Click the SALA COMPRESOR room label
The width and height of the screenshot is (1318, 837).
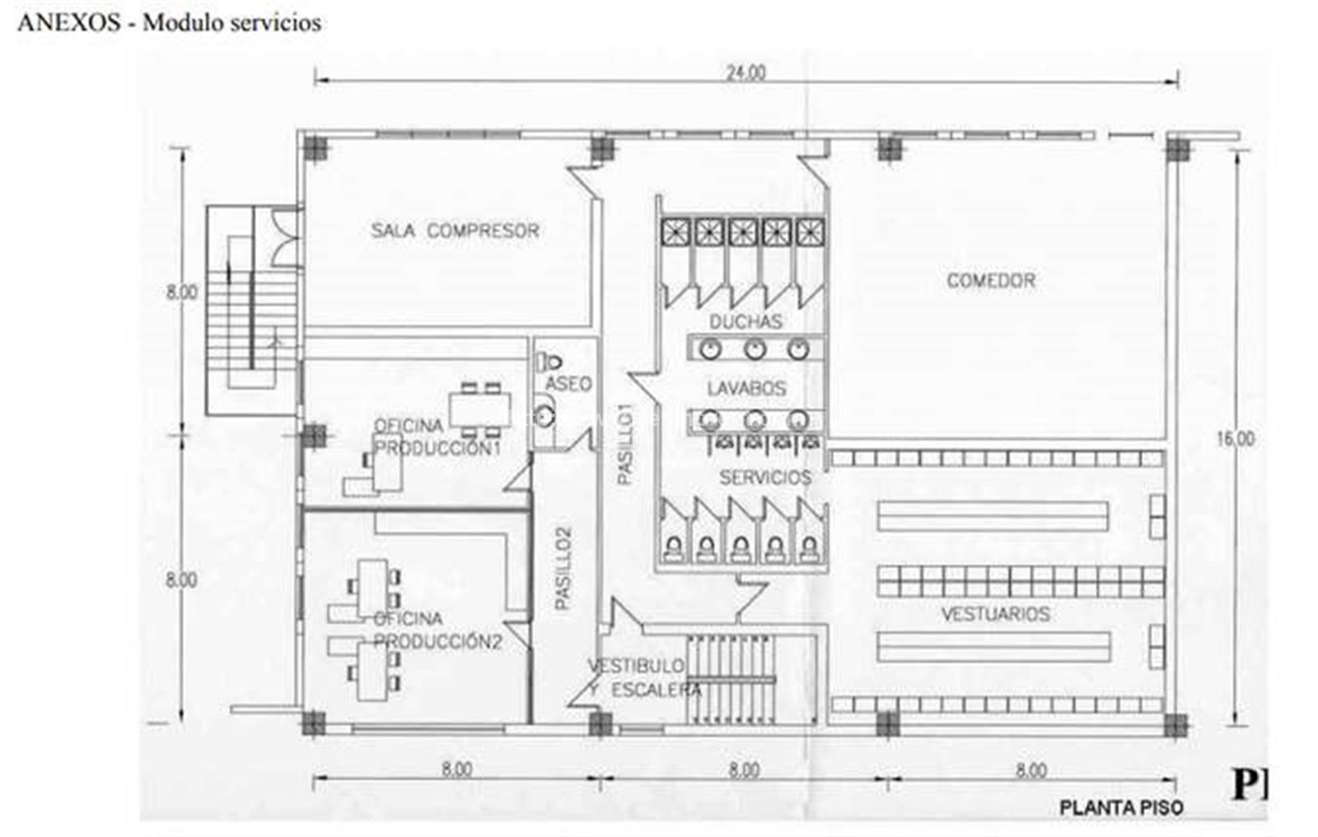pos(455,230)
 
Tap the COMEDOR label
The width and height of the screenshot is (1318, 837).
pos(991,281)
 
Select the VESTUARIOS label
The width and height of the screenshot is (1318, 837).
pos(996,614)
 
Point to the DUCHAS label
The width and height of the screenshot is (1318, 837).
pos(745,321)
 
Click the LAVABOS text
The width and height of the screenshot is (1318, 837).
pos(746,388)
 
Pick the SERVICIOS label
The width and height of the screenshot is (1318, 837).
pos(765,477)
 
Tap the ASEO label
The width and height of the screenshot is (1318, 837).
pos(568,384)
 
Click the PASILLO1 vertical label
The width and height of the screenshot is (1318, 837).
pos(625,444)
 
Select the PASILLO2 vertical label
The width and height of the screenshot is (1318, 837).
pos(563,568)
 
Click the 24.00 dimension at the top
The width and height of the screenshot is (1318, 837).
pos(745,72)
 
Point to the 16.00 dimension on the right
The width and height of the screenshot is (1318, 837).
pos(1235,438)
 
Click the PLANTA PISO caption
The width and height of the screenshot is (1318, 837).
pos(1121,808)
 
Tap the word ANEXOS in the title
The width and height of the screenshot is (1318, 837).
pos(69,23)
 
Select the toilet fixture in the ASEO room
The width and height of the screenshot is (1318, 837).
pos(548,362)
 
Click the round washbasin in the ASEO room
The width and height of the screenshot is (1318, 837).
pos(546,416)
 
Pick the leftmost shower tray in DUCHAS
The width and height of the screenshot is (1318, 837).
pos(675,232)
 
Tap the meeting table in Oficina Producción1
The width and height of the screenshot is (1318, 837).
pos(480,409)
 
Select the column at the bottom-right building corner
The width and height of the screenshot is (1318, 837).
pos(1175,725)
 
